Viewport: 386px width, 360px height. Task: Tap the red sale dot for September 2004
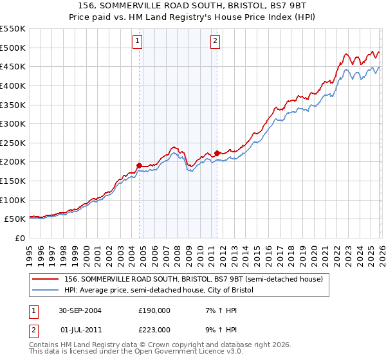point(140,165)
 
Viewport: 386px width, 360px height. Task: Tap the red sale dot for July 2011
point(217,153)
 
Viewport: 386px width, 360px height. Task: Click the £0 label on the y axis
point(19,238)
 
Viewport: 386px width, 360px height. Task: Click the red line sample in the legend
point(46,279)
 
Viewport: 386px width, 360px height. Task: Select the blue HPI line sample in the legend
point(46,291)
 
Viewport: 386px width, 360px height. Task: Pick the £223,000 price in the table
point(154,330)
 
